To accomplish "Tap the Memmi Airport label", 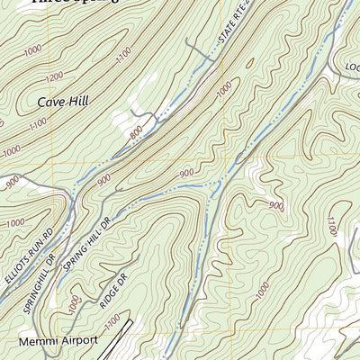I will click(55, 344).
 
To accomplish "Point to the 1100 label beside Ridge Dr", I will click(111, 319).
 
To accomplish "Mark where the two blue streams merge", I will click(215, 184).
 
